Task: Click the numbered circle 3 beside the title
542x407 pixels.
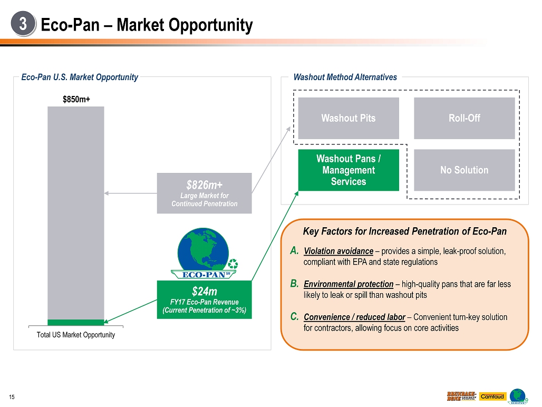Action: coord(23,24)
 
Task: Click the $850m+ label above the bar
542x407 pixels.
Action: coord(76,99)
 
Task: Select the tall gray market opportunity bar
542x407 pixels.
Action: coord(76,211)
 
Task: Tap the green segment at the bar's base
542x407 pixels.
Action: coord(76,322)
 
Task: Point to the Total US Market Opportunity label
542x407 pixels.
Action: coord(76,335)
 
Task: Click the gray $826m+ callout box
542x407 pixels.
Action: coord(204,193)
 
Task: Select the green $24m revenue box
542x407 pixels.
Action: coord(204,299)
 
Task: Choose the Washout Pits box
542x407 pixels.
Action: coord(349,118)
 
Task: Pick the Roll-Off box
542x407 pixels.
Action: coord(464,118)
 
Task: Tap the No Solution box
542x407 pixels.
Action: coord(464,170)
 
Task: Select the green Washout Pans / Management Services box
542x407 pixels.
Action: coord(349,170)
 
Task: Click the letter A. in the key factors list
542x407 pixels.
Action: coord(295,251)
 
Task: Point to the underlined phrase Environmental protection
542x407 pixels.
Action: coord(349,284)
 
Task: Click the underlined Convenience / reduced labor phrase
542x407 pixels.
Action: coord(354,317)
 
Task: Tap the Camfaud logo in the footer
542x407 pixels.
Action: coord(492,396)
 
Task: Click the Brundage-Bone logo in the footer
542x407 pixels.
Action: coord(462,396)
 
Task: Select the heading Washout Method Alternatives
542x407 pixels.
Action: coord(345,77)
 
